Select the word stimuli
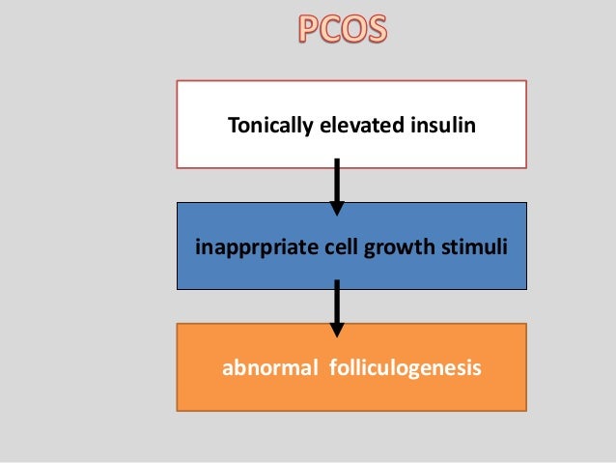click(x=466, y=246)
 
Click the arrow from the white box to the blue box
click(x=337, y=185)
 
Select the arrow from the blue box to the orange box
click(x=337, y=305)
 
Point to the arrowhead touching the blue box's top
click(x=337, y=206)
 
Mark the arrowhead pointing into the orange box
click(x=337, y=328)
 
